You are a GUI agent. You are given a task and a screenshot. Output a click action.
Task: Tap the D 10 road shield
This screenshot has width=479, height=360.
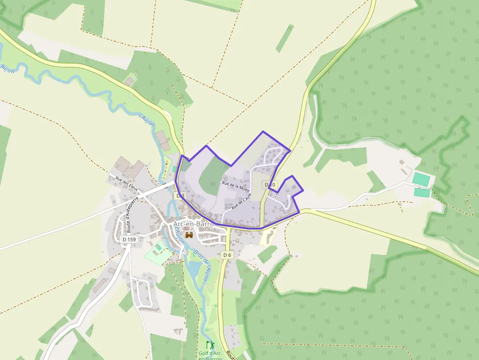coord(270,185)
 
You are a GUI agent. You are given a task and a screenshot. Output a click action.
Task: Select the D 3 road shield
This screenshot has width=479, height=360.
coord(180,196)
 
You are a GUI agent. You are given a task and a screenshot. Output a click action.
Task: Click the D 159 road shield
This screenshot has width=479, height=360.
coord(129,239)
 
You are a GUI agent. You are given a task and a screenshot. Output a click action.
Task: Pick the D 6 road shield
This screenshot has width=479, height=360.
coord(226,255)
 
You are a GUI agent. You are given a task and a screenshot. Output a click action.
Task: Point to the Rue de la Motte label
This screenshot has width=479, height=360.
coord(236,186)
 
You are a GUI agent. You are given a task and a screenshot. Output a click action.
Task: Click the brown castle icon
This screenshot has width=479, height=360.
coord(189,235)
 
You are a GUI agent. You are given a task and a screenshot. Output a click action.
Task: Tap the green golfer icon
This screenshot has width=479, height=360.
coord(210,344)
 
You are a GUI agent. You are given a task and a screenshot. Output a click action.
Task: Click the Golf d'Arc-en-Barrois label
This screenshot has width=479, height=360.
coord(210,355)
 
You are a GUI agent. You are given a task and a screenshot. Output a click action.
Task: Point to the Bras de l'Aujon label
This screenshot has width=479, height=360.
coord(202,264)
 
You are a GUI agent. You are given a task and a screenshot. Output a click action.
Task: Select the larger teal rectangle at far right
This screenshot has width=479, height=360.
coord(421,179)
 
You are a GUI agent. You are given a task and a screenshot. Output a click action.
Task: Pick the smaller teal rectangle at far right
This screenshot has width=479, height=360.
coord(422,193)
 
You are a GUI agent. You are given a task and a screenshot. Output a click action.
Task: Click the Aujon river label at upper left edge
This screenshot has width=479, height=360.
coord(8,68)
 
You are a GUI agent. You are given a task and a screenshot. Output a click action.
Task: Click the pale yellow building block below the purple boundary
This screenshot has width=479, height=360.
coord(267,237)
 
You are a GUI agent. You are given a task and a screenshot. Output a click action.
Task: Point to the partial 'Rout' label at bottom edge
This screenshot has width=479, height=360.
coord(232,357)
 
